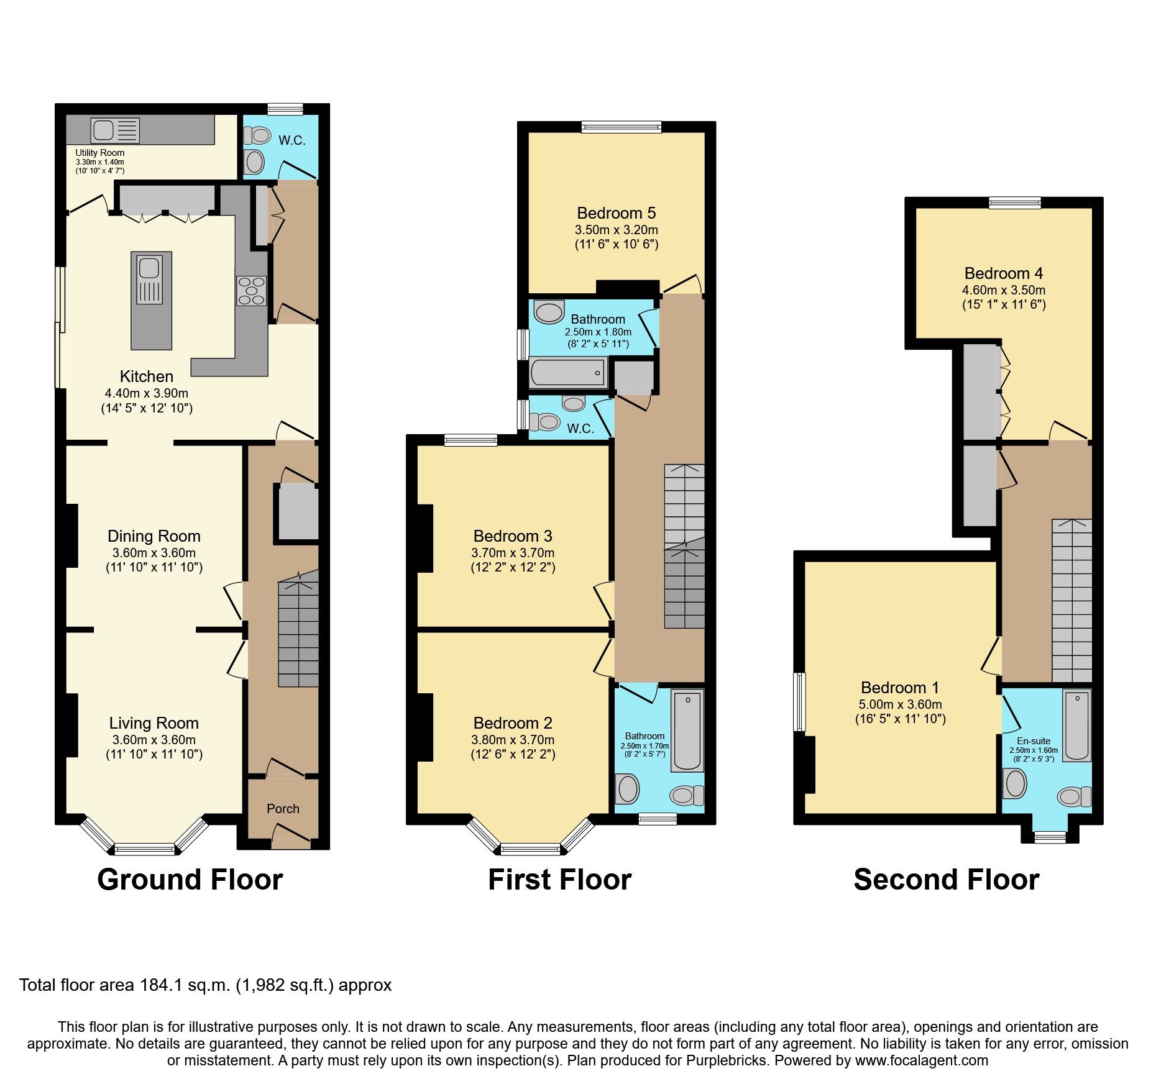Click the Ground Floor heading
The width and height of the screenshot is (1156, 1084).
point(190,880)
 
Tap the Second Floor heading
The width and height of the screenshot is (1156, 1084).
point(946,880)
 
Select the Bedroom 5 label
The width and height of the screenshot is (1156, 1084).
point(616,213)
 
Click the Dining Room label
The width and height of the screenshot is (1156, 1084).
point(154,536)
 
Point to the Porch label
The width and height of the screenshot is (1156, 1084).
point(283,808)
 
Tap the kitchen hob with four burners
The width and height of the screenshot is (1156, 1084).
point(251,291)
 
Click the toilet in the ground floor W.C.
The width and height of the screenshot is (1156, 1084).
point(256,135)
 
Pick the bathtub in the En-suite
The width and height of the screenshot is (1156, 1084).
point(1076,725)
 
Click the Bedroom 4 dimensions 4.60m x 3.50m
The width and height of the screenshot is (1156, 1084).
point(1003,290)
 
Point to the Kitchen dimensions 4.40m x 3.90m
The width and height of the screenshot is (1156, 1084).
point(147,393)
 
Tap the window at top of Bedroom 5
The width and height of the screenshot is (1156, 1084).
point(622,127)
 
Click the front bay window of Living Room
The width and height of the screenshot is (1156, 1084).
point(144,849)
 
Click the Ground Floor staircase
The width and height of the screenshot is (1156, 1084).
point(298,631)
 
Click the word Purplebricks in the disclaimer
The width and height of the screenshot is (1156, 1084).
point(726,1060)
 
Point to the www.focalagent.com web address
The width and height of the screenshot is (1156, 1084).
point(921,1060)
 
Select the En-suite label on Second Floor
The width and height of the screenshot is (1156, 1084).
point(1033,741)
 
